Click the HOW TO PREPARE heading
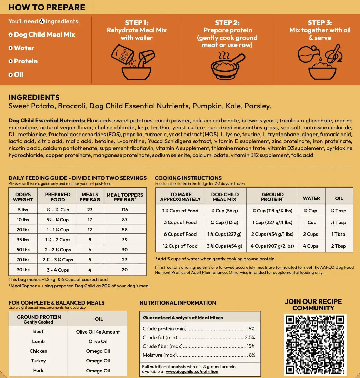pos(47,7)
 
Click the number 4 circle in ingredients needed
pos(42,21)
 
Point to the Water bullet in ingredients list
pos(24,48)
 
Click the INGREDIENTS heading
pos(34,98)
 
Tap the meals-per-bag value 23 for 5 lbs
pos(90,210)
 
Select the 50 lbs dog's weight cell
pos(23,250)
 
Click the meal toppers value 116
pos(125,210)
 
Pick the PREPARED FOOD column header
pos(58,197)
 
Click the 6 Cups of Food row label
pos(180,234)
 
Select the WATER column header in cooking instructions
pos(311,198)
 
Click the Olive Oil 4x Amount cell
pos(98,332)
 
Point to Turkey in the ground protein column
pos(38,361)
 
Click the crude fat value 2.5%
pos(250,338)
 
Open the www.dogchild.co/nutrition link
pos(192,371)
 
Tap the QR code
pos(315,345)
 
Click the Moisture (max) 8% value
pos(252,355)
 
